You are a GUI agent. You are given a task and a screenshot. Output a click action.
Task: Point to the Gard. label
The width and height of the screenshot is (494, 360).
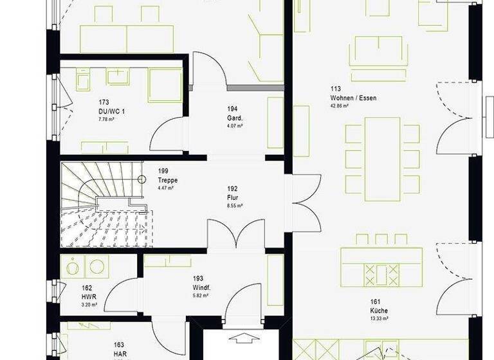[x=234, y=118]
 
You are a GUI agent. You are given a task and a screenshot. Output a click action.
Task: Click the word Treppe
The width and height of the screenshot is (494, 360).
[x=167, y=180]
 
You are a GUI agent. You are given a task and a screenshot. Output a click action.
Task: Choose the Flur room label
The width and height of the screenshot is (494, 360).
[x=232, y=198]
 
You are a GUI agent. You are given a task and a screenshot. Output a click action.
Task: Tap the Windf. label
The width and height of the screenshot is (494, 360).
[x=201, y=287]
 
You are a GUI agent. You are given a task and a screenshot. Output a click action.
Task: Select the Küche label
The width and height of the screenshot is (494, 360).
[x=379, y=310]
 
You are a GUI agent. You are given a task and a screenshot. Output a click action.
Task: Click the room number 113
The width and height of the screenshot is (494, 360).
[x=335, y=89]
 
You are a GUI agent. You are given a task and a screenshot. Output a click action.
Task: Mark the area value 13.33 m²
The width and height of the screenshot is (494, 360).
[x=379, y=319]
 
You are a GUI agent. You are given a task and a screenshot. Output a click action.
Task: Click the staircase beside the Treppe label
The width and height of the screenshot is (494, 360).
[x=106, y=204]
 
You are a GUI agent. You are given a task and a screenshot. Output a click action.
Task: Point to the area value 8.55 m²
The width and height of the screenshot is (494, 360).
[x=234, y=206]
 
